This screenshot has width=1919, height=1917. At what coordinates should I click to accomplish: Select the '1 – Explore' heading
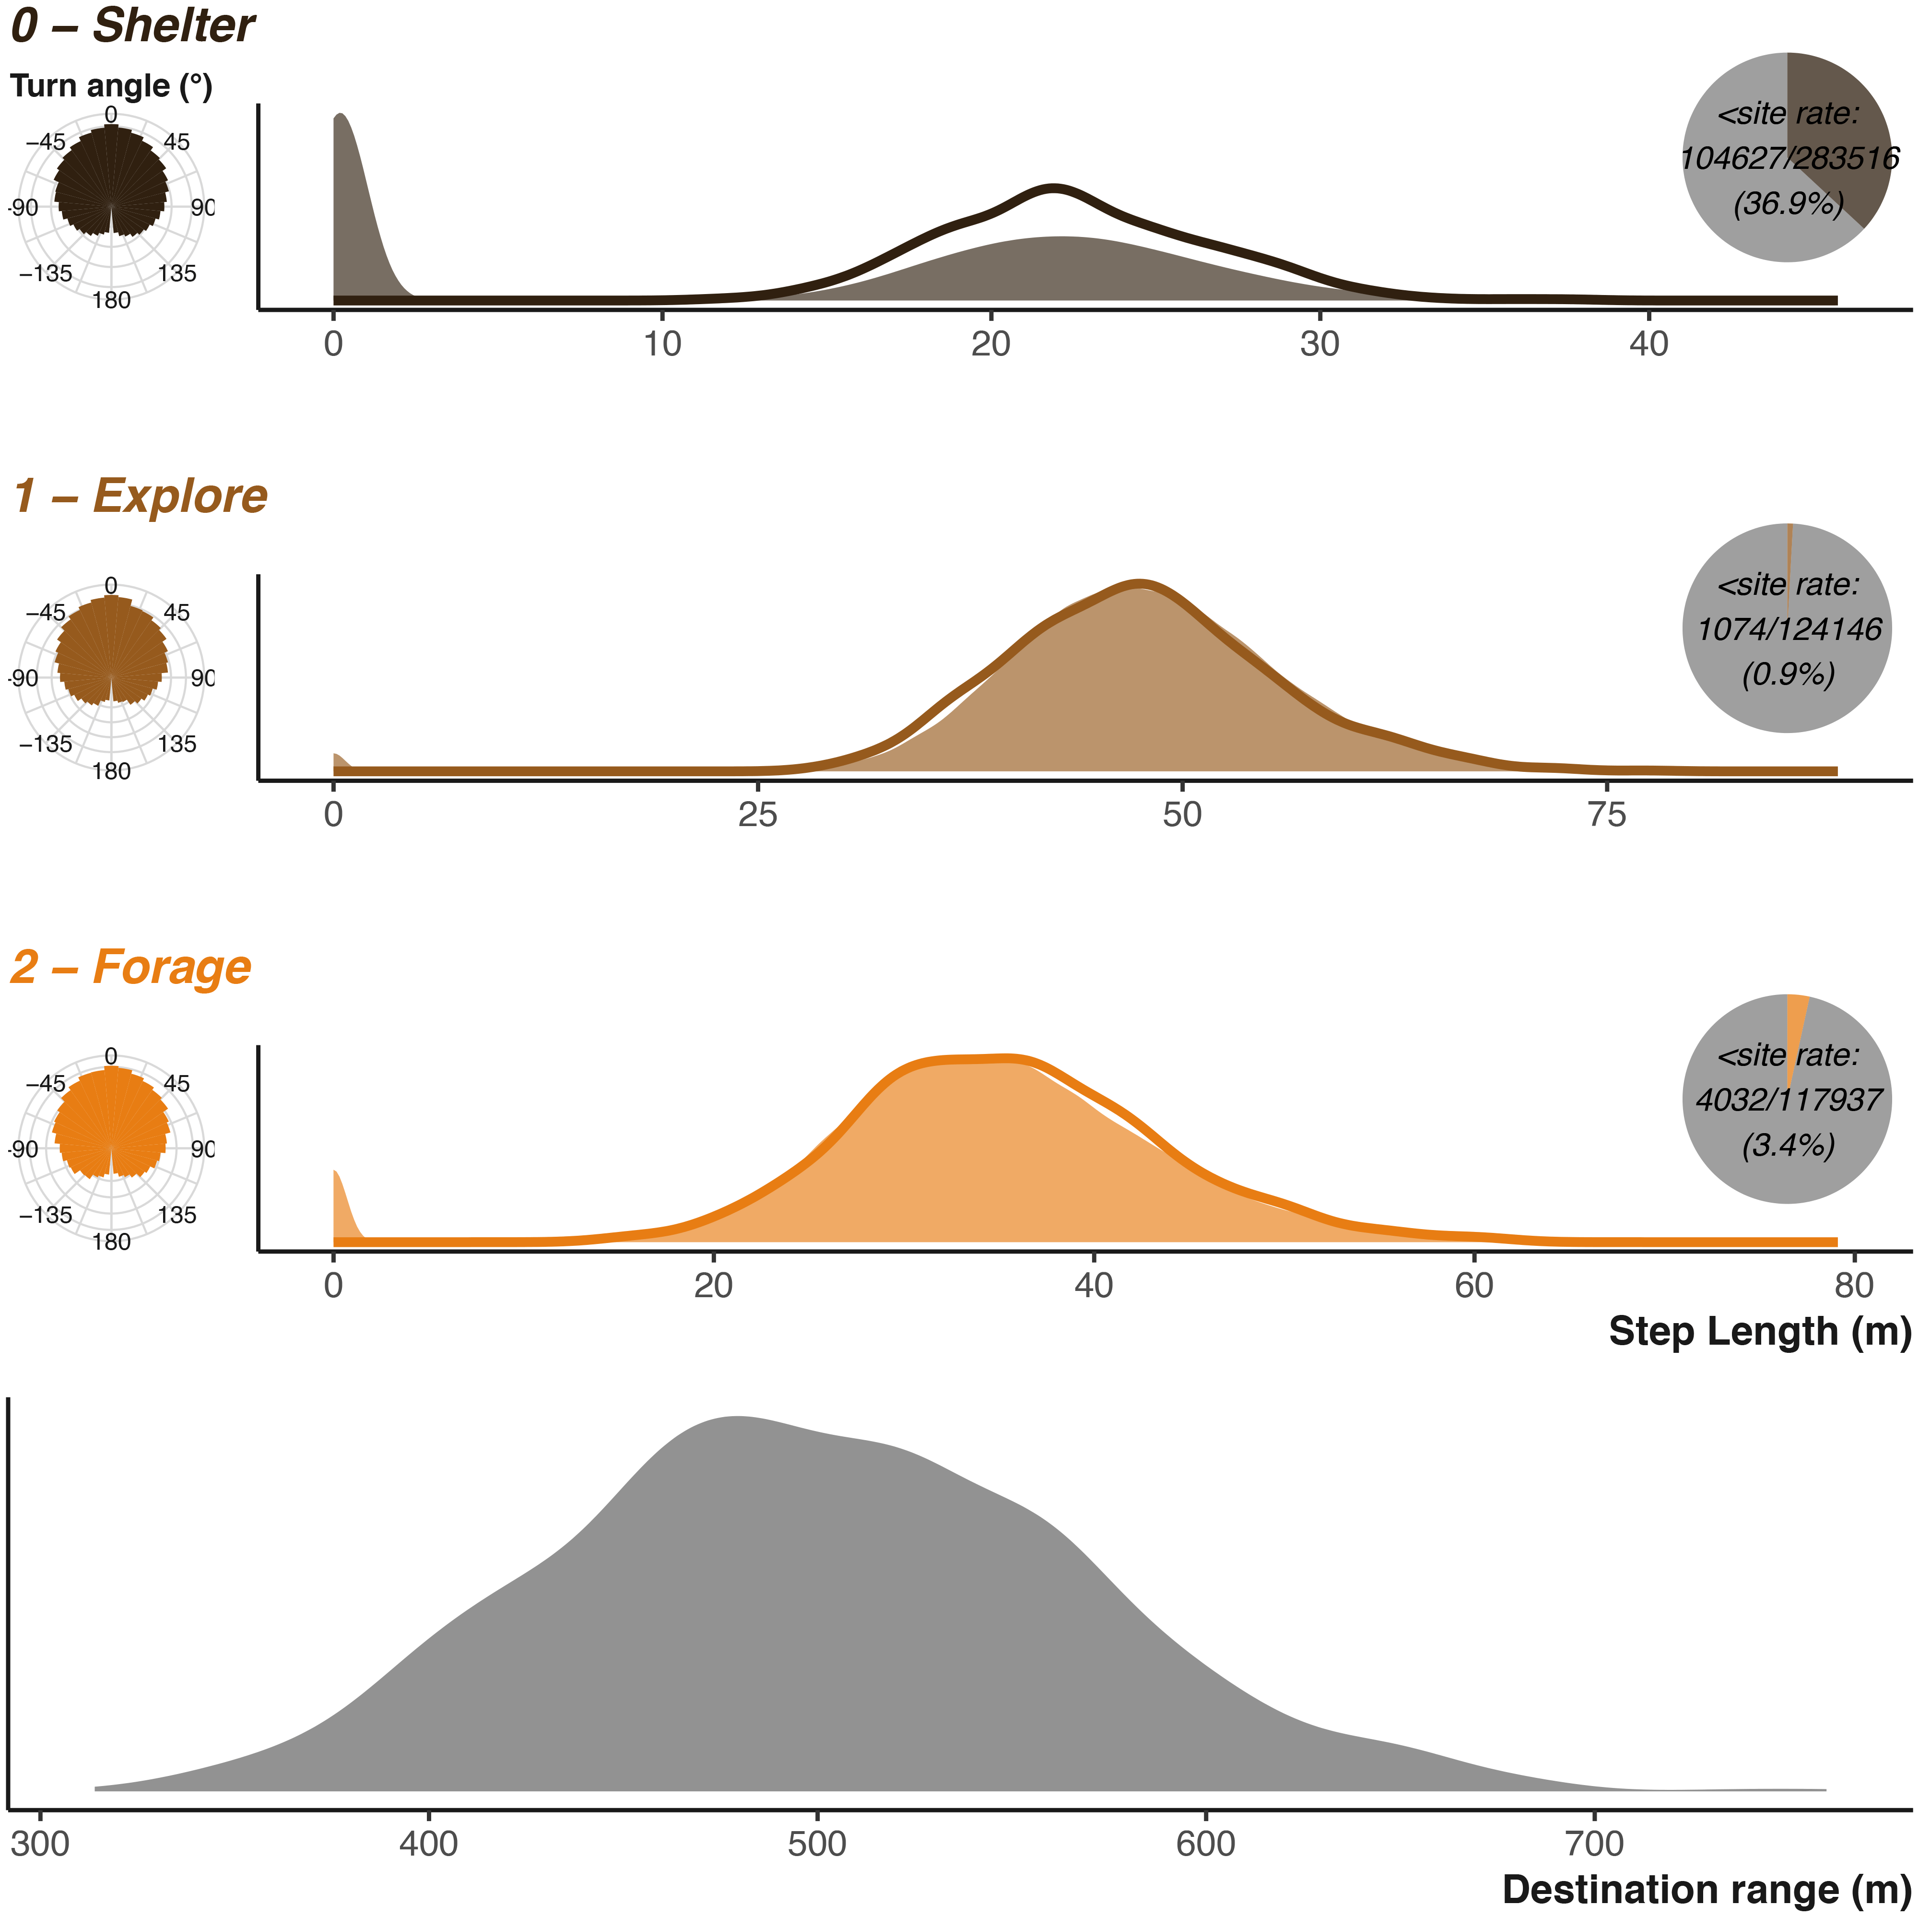(x=140, y=496)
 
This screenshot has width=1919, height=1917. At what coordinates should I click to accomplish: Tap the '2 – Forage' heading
(x=131, y=967)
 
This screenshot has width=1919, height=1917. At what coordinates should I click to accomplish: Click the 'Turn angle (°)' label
(x=111, y=86)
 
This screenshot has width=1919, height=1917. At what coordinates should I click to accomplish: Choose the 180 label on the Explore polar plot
(x=111, y=772)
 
